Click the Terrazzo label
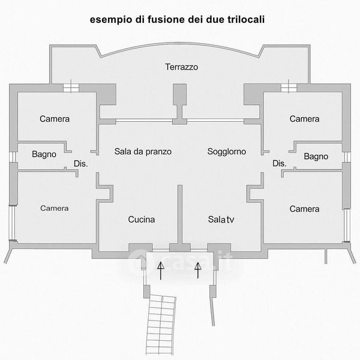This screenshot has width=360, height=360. click(182, 67)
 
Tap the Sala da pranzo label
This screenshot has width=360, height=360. click(143, 151)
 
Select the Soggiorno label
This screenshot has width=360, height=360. click(227, 151)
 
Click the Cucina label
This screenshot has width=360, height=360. click(142, 220)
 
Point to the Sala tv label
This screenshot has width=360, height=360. click(221, 220)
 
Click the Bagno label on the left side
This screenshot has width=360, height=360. click(44, 154)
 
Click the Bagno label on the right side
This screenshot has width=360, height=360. click(316, 157)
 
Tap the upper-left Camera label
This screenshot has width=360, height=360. click(55, 119)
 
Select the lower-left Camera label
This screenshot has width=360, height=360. click(55, 208)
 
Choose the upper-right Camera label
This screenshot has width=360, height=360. click(304, 119)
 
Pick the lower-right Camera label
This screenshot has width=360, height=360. click(304, 209)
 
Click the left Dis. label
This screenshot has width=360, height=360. click(80, 164)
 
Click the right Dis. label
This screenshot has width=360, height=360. click(280, 163)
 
